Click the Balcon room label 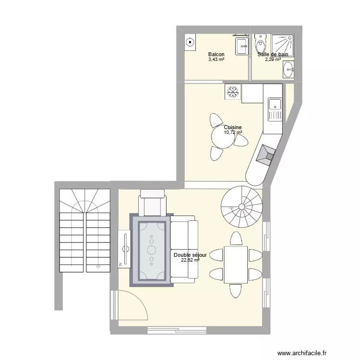216,55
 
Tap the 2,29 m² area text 273,60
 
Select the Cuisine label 232,127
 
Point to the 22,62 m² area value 190,260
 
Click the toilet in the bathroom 260,44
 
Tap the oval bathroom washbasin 289,71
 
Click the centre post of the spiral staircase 242,208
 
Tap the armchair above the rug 152,203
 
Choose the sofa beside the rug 184,248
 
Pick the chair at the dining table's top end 236,238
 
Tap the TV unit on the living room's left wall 125,248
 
